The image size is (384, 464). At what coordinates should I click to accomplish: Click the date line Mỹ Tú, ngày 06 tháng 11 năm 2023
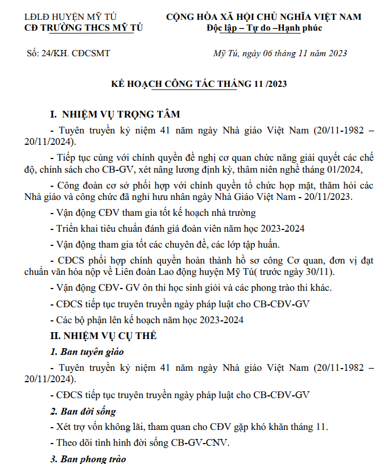click(279, 54)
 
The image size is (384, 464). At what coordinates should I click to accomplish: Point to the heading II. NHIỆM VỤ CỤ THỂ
click(104, 336)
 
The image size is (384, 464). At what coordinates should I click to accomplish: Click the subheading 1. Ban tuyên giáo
click(86, 352)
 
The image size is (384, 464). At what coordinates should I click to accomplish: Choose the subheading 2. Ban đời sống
click(83, 411)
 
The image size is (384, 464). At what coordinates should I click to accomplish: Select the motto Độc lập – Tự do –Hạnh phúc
click(265, 28)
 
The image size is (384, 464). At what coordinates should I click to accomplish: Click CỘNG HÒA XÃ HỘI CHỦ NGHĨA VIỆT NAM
click(264, 17)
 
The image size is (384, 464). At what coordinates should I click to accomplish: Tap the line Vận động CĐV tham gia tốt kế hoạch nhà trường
click(153, 213)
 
